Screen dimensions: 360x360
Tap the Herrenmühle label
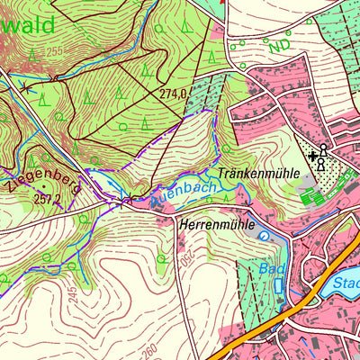coord(217,222)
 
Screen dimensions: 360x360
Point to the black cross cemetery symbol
coord(312,156)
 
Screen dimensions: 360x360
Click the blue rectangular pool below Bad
coord(278,286)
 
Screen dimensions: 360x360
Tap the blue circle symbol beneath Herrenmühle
coord(263,235)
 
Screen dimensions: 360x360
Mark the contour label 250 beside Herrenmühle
coord(176,257)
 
